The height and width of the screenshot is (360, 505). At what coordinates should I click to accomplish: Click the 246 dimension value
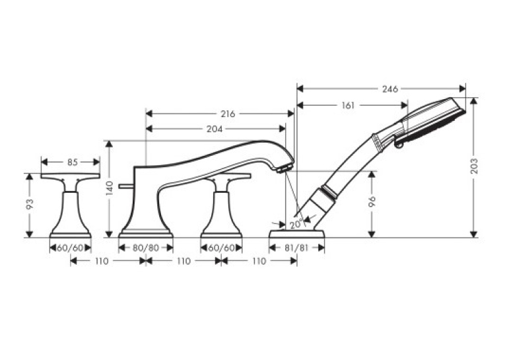[x=390, y=89]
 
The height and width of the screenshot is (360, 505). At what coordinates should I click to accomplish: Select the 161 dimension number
[x=348, y=106]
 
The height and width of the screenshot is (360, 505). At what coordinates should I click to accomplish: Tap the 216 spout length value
[x=228, y=114]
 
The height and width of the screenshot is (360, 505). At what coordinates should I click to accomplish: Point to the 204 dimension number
[x=215, y=129]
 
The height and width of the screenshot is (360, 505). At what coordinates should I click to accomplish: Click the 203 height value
[x=474, y=166]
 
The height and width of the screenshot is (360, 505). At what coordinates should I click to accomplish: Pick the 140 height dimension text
[x=110, y=188]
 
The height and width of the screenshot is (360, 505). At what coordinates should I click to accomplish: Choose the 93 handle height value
[x=30, y=204]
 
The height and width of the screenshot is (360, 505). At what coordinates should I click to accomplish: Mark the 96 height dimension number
[x=372, y=201]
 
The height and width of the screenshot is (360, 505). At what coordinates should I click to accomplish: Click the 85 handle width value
[x=73, y=162]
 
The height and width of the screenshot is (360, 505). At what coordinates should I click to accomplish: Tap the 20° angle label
[x=296, y=223]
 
